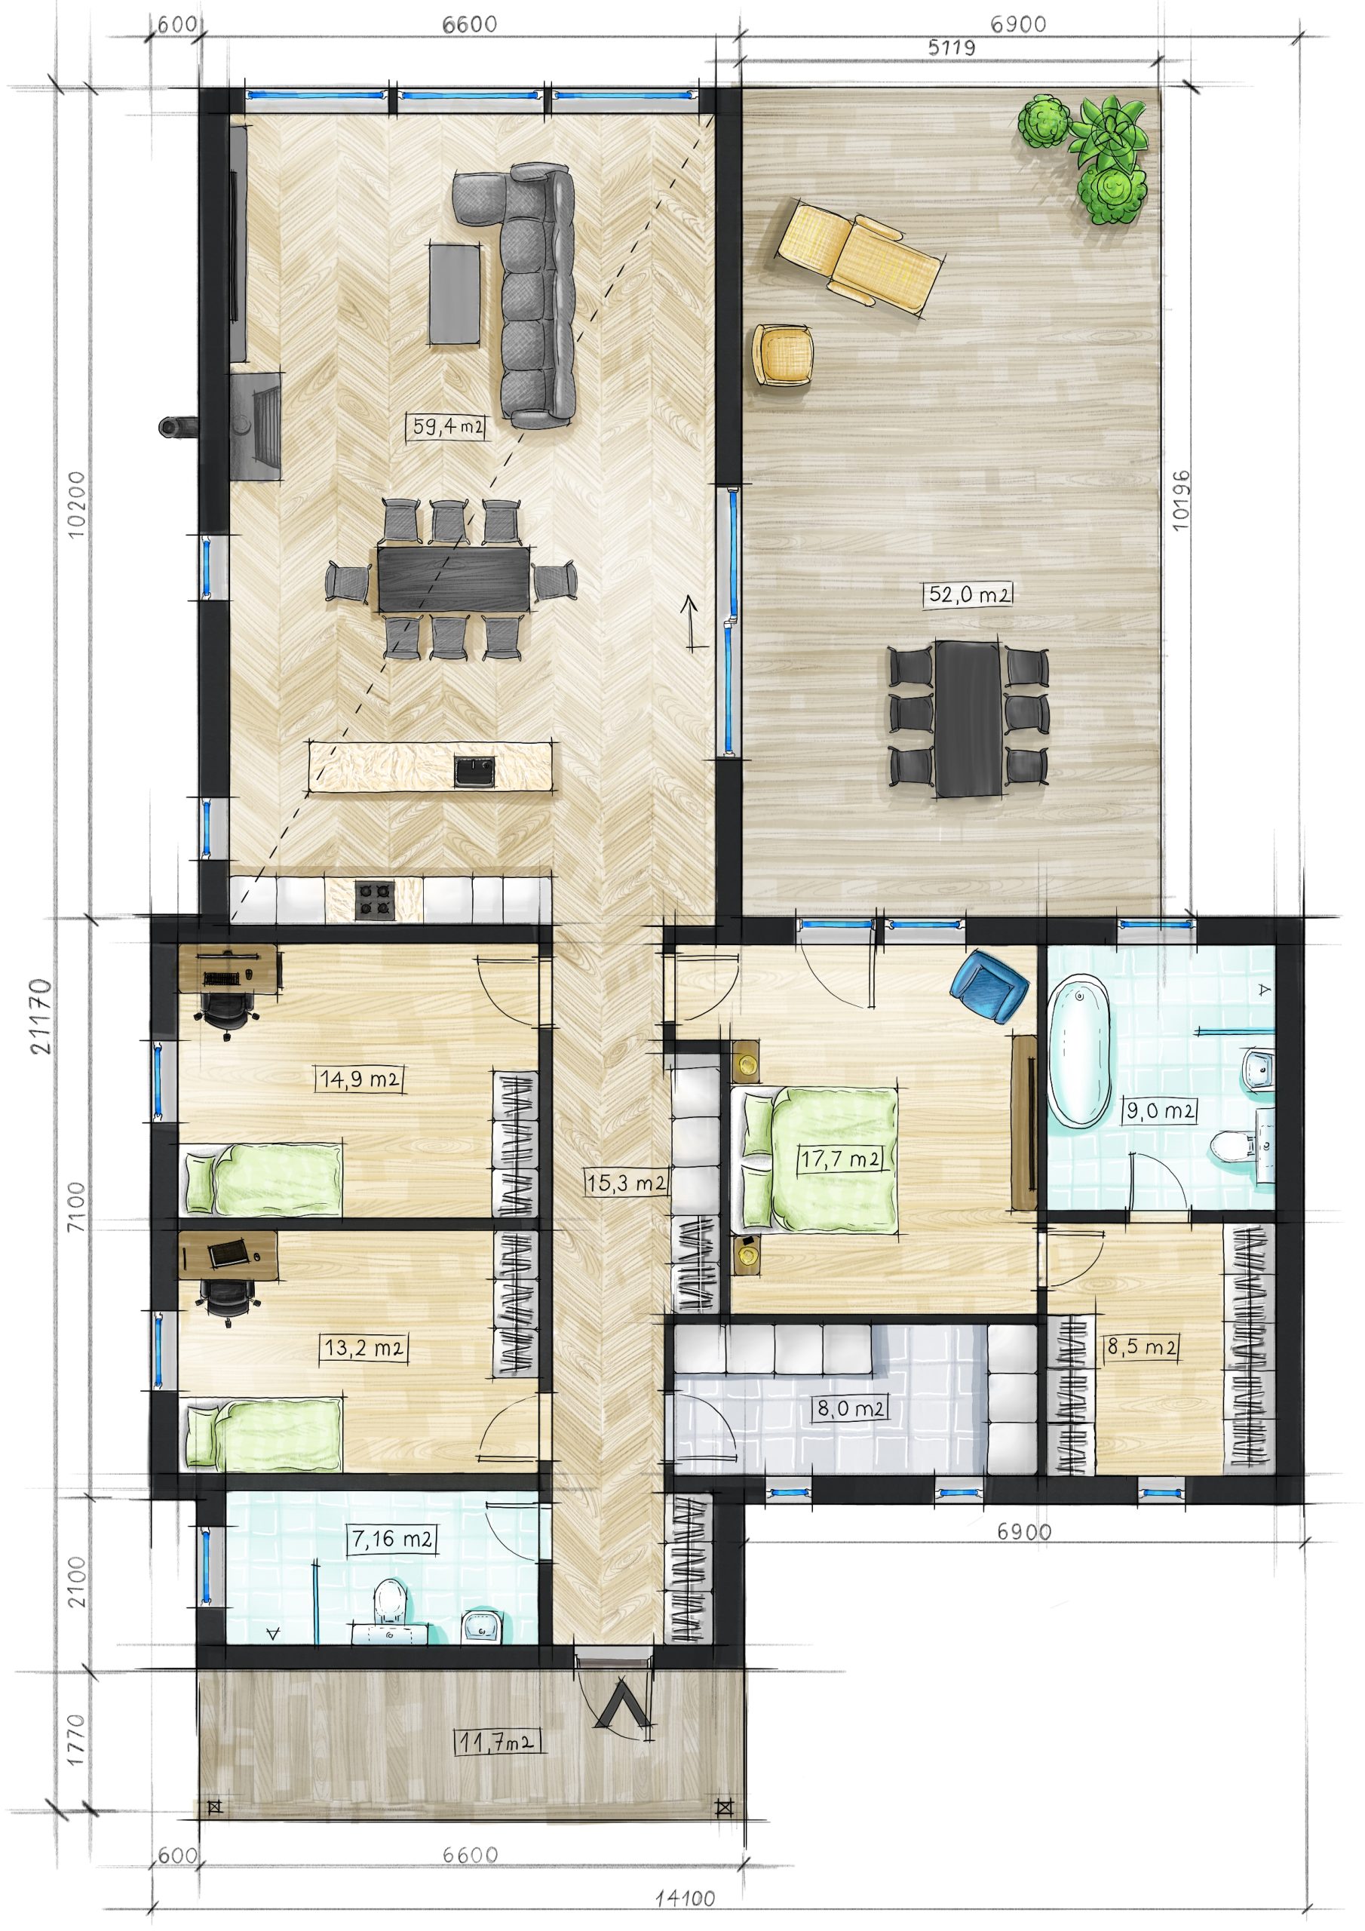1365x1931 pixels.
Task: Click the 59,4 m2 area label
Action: (x=448, y=425)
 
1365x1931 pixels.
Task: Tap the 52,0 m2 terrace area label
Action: (x=969, y=594)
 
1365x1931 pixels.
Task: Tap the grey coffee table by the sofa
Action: (x=455, y=293)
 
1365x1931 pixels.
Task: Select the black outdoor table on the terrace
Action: (x=969, y=718)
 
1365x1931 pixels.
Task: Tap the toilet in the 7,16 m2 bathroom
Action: (x=389, y=1601)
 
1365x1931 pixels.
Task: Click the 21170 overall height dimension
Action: (x=39, y=1015)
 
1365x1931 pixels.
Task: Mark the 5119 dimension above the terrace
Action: (x=951, y=48)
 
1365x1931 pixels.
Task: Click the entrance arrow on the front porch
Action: (x=622, y=1703)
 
